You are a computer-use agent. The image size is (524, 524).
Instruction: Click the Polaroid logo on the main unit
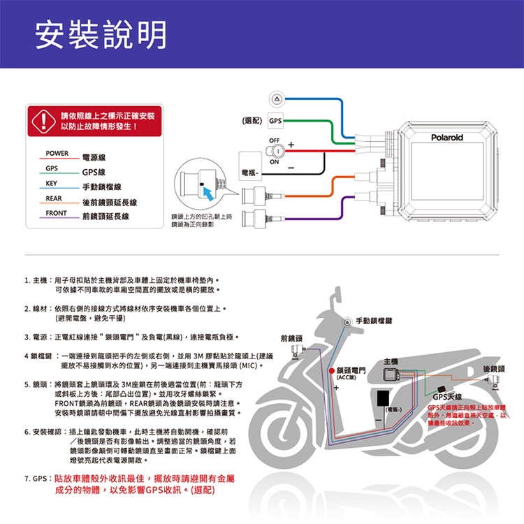[x=446, y=138]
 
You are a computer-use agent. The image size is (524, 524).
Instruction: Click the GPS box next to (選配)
[x=276, y=121]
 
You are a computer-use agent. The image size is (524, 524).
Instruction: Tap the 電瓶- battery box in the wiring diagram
[x=251, y=170]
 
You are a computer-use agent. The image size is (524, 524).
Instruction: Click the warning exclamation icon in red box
[x=43, y=119]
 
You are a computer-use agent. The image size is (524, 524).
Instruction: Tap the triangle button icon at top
[x=277, y=99]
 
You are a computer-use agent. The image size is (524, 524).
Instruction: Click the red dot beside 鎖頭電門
[x=332, y=370]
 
